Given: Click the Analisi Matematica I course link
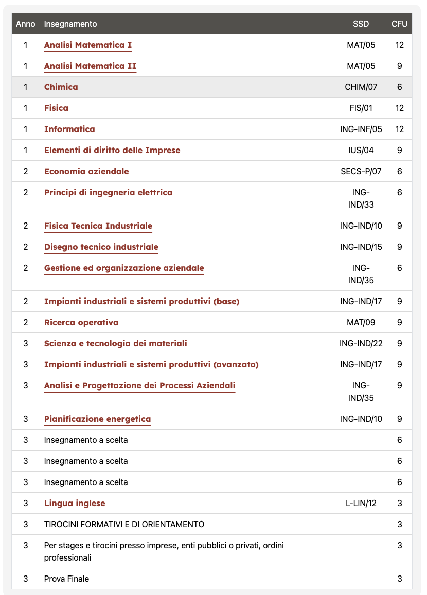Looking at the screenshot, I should tap(87, 45).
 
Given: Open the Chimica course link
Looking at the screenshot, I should tap(61, 87).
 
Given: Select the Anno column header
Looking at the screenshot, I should tap(26, 24).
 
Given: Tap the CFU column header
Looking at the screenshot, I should tap(399, 24).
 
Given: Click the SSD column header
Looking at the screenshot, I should tap(361, 24).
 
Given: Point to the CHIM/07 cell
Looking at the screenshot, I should tap(361, 87).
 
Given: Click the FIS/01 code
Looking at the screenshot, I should tap(361, 108).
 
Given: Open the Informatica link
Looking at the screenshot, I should tap(69, 129).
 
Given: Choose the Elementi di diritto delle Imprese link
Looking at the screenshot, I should tap(112, 151).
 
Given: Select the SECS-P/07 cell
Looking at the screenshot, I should tap(361, 172).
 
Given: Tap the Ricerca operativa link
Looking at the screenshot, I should tap(81, 323).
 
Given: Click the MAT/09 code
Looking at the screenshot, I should tap(361, 323).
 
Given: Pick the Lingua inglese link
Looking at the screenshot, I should tap(75, 504).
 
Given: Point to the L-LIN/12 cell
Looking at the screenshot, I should tap(361, 504).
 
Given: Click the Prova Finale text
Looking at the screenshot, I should tap(66, 579).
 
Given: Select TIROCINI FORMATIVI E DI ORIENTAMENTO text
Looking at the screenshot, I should tap(124, 525).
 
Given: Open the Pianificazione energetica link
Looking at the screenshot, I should tap(97, 419).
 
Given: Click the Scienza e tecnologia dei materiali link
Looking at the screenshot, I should tap(115, 344).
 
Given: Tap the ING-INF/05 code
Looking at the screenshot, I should tap(361, 129).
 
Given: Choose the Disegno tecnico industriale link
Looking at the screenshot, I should tap(101, 247).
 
